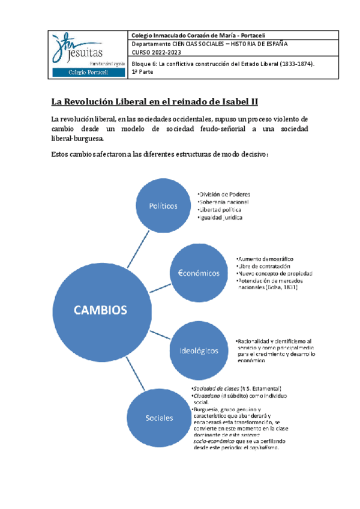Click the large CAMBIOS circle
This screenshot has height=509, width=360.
[x=100, y=310]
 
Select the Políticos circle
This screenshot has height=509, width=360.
[x=163, y=206]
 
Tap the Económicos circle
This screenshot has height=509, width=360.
[x=199, y=273]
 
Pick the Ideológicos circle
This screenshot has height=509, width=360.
[x=198, y=349]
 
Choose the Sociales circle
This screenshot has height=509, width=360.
[x=159, y=418]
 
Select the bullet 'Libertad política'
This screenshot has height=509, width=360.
[x=221, y=210]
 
